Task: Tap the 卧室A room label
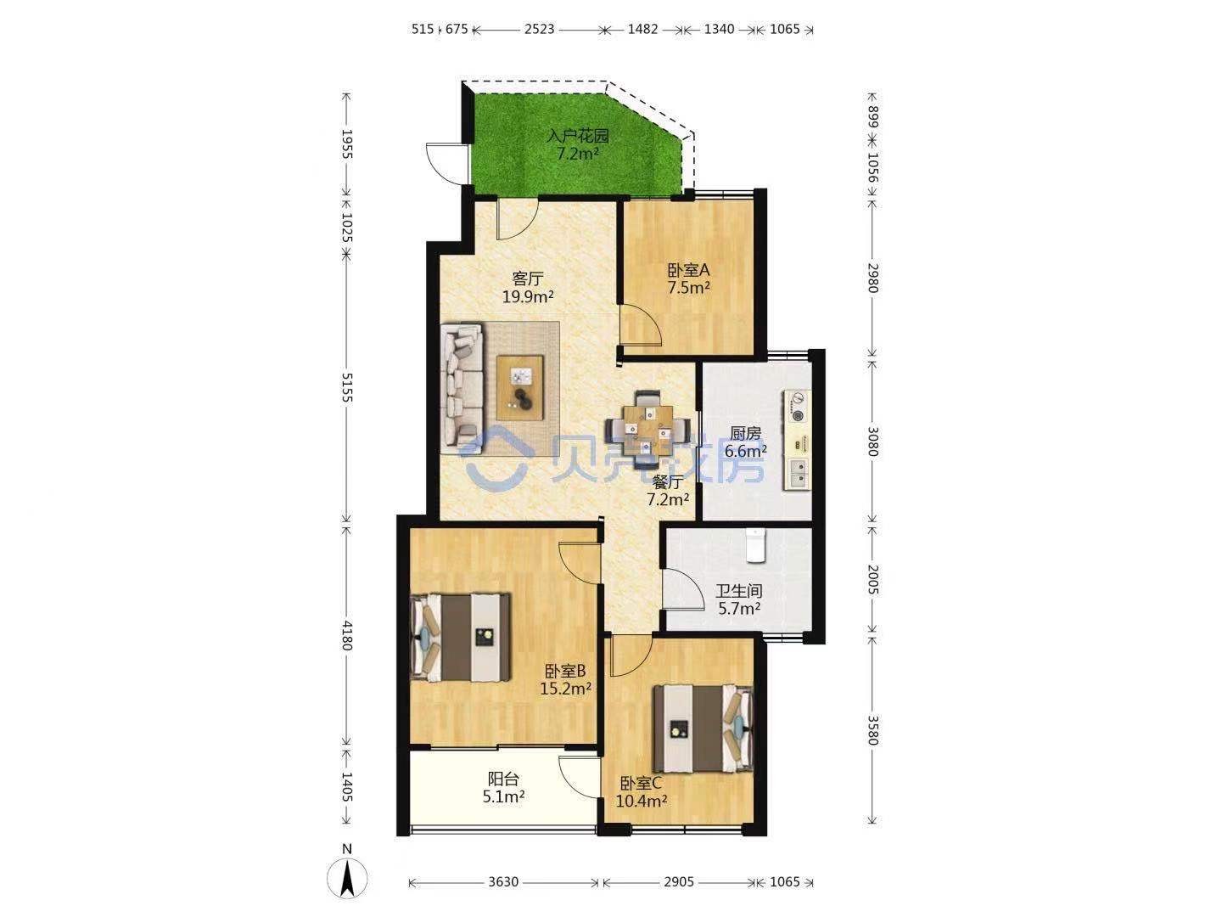pyautogui.click(x=688, y=270)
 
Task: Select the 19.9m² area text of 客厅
pyautogui.click(x=528, y=296)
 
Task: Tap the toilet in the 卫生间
pyautogui.click(x=755, y=546)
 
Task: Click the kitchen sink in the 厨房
pyautogui.click(x=797, y=474)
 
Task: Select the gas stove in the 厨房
pyautogui.click(x=797, y=407)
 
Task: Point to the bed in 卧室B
pyautogui.click(x=461, y=638)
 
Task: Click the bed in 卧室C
pyautogui.click(x=703, y=729)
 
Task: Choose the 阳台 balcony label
pyautogui.click(x=503, y=779)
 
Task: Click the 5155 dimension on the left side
pyautogui.click(x=347, y=387)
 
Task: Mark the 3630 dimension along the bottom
pyautogui.click(x=503, y=882)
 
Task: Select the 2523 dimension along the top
pyautogui.click(x=539, y=29)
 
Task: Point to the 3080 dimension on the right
pyautogui.click(x=872, y=442)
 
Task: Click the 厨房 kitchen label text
pyautogui.click(x=745, y=433)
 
